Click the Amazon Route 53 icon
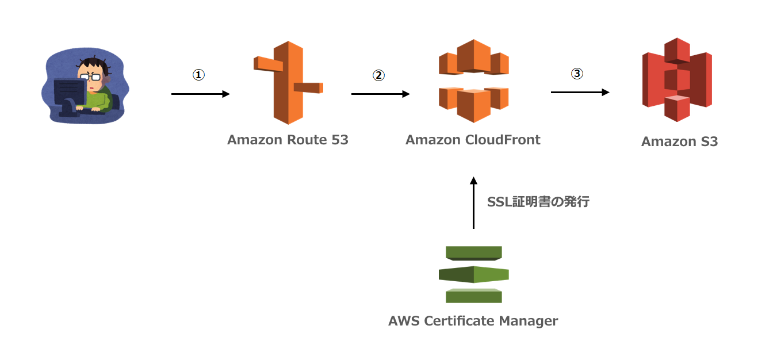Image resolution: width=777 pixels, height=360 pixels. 288,82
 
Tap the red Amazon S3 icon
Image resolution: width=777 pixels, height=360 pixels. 677,79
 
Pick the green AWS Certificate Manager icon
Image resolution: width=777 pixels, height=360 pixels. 473,274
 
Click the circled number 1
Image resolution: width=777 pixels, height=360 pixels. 198,75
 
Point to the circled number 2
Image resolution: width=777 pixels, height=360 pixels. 378,75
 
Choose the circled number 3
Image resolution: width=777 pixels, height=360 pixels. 577,74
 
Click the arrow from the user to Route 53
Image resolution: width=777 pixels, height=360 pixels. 200,94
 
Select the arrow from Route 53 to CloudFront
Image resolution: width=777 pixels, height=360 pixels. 380,94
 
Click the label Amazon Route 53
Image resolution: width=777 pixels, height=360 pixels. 288,140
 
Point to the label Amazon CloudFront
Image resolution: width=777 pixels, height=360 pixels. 473,140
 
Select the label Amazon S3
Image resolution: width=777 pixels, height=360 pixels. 679,141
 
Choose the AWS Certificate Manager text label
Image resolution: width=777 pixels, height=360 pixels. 473,321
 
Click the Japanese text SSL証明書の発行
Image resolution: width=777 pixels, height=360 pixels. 538,202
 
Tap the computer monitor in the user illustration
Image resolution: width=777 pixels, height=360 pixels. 69,92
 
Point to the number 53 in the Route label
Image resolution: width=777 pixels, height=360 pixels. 339,140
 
